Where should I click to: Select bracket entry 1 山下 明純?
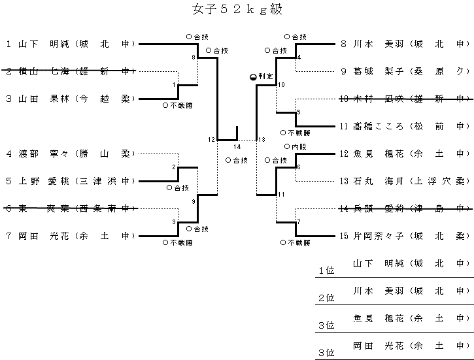(x=70, y=44)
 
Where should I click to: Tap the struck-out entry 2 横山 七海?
(x=70, y=71)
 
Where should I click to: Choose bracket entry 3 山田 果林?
(x=70, y=99)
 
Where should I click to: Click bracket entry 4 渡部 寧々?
(x=70, y=154)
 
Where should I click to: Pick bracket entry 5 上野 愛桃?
(x=70, y=180)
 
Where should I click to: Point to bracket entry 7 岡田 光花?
(x=70, y=235)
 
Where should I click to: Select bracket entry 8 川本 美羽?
(x=405, y=44)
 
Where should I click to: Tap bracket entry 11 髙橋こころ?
(x=405, y=125)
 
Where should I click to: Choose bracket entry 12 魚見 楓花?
(x=405, y=154)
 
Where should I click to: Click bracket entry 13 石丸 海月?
(x=405, y=180)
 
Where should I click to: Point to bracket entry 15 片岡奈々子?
(x=405, y=235)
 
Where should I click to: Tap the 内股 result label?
(x=296, y=147)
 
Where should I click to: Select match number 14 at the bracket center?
(x=237, y=147)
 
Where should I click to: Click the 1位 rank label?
(x=326, y=270)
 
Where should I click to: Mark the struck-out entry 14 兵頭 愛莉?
(x=405, y=208)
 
